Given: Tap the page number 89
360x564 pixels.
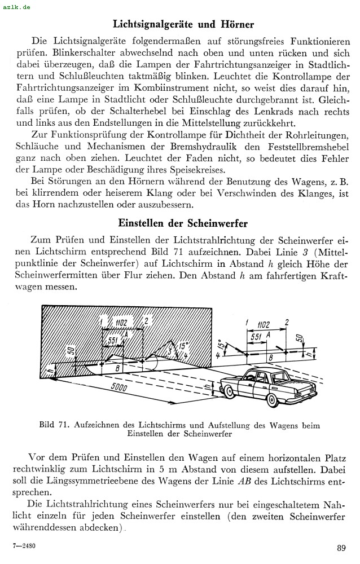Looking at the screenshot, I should pyautogui.click(x=341, y=547).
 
